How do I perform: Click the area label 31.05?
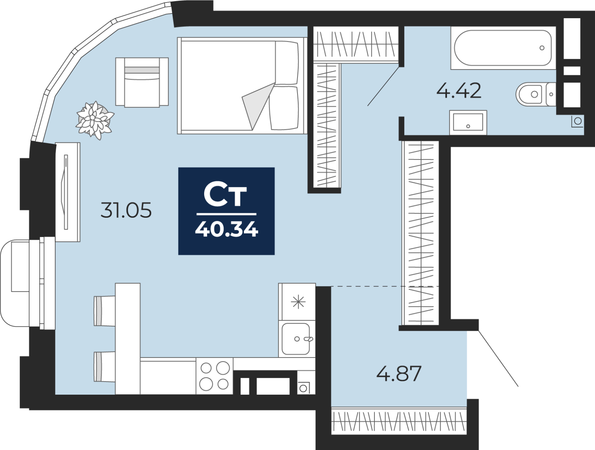point(126,210)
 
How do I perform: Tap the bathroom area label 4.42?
point(459,91)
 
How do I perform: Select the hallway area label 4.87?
point(399,373)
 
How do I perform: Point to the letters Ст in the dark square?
point(225,196)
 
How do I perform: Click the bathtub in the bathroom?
point(503,48)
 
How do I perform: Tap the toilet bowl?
point(535,94)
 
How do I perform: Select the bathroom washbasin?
point(468,122)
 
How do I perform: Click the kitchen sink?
point(297,339)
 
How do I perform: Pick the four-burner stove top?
point(215,376)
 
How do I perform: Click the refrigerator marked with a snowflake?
point(297,302)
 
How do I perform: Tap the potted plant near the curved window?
point(94,120)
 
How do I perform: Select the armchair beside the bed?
point(142,82)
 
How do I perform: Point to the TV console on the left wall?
point(68,192)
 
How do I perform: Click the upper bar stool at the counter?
point(104,311)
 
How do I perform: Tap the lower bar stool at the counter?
point(104,367)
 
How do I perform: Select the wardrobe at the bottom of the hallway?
point(399,421)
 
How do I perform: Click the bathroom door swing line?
point(383,86)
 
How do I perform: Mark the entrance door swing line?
point(498,358)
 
